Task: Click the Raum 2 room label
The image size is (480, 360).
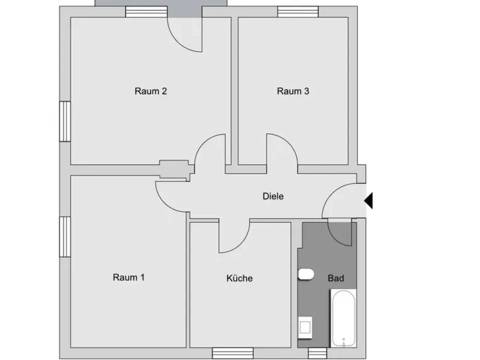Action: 151,91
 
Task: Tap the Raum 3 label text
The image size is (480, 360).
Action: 293,91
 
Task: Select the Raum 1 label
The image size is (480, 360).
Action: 129,277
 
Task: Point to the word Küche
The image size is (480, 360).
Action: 240,278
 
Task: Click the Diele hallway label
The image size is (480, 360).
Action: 273,196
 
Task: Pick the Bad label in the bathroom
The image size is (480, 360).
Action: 336,278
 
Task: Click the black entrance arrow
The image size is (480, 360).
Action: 368,201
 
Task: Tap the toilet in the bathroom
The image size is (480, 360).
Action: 306,275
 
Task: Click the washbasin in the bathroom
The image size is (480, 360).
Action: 305,328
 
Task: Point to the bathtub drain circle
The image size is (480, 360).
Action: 344,339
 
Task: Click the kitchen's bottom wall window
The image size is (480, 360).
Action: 233,353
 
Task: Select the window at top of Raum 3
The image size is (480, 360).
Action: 298,12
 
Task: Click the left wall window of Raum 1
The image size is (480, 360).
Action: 65,237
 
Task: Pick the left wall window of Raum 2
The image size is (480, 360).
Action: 65,121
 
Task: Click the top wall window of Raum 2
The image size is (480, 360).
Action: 146,12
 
